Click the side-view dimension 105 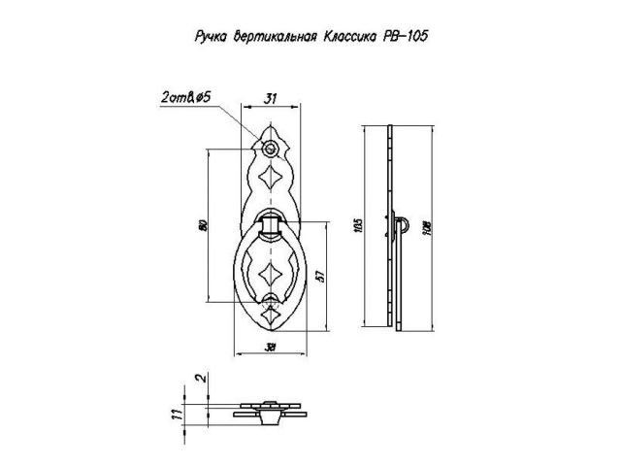(356, 225)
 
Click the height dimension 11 (175, 412)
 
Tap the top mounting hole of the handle (271, 149)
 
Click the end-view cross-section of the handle (271, 409)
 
